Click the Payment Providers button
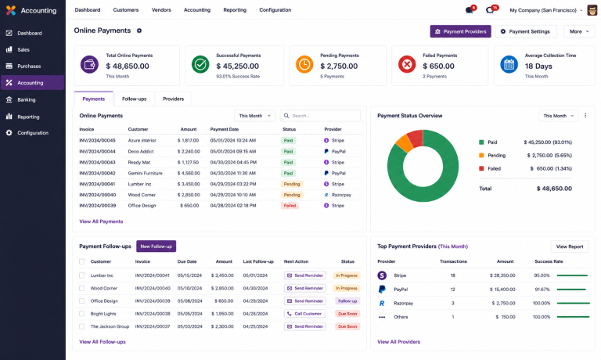460,31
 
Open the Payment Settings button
526,31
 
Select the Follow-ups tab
134,99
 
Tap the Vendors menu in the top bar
161,10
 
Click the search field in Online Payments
320,116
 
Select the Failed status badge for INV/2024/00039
290,206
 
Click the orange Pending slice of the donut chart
404,142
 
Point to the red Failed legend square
481,168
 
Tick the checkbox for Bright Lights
81,314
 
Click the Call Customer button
304,314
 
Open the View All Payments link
101,221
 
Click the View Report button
570,247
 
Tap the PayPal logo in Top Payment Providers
382,289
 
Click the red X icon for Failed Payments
407,64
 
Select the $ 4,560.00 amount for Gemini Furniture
188,173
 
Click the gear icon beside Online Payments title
139,31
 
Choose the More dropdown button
579,31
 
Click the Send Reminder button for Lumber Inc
305,275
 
